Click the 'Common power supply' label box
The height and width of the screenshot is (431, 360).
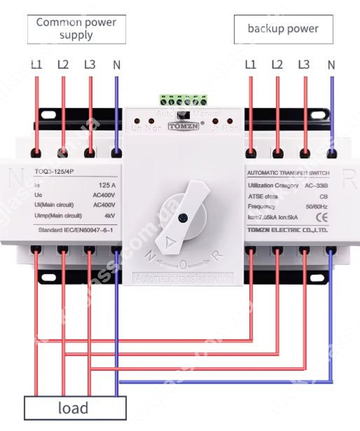(77, 29)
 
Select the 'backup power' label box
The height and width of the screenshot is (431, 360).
(283, 29)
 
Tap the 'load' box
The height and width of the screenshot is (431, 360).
(75, 408)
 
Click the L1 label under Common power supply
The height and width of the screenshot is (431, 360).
(36, 65)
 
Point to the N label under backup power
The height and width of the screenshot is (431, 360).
(331, 65)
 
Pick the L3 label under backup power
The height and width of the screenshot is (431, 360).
(304, 65)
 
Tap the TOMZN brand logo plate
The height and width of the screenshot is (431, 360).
(184, 126)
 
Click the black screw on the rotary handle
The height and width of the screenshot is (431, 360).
(182, 218)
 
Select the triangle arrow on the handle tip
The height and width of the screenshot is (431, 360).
(170, 242)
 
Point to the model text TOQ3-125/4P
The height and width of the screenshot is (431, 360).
(54, 172)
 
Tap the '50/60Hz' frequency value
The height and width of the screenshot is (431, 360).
(316, 207)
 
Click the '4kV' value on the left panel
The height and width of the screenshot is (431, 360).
(110, 216)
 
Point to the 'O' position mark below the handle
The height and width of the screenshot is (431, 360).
(183, 264)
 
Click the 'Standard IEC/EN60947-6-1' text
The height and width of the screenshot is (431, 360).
(76, 230)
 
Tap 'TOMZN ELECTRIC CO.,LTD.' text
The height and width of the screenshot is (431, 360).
(288, 230)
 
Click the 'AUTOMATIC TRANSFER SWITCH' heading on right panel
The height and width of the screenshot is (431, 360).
(288, 173)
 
